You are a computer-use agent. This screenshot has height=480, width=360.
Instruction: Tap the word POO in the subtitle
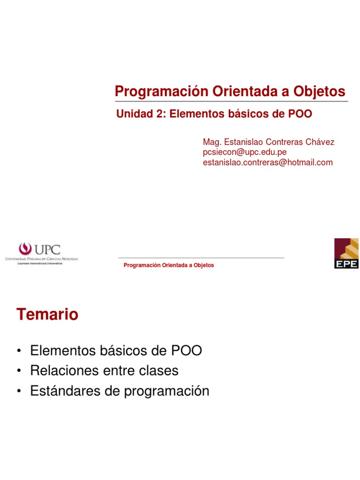[x=300, y=114]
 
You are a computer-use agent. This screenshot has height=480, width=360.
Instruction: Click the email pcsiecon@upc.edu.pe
[x=244, y=152]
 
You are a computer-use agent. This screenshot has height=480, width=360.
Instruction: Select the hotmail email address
[x=267, y=163]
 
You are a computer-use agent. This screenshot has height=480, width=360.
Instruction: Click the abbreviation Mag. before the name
[x=210, y=142]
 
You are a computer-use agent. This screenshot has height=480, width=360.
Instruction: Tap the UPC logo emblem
[x=25, y=249]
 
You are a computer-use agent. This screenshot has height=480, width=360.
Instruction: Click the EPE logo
[x=346, y=253]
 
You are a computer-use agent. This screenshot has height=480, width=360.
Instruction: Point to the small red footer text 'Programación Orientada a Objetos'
[x=168, y=265]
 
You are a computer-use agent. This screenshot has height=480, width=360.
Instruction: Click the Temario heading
[x=47, y=315]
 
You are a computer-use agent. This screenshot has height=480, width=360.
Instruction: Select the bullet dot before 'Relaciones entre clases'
[x=19, y=371]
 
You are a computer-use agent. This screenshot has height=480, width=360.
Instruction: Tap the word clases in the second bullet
[x=157, y=371]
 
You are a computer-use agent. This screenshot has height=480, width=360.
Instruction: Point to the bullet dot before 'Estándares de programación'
[x=19, y=391]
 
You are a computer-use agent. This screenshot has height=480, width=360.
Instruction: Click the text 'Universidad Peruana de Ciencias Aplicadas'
[x=41, y=259]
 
